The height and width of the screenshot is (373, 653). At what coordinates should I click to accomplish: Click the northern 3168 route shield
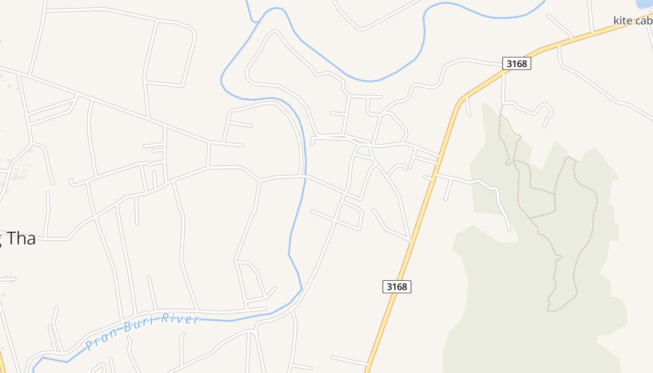click(x=516, y=63)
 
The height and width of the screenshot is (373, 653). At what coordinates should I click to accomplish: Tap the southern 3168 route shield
click(x=397, y=286)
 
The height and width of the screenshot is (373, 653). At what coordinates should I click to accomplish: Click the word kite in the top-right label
click(x=622, y=20)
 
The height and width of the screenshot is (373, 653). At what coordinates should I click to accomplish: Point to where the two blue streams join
click(x=255, y=21)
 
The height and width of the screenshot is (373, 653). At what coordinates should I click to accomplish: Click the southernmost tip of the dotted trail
click(x=549, y=311)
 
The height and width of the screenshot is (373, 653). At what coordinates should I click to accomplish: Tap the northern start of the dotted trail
click(x=501, y=106)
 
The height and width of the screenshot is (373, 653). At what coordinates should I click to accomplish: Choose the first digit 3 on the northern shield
click(x=508, y=63)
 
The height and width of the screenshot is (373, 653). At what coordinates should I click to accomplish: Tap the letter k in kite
click(x=616, y=20)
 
